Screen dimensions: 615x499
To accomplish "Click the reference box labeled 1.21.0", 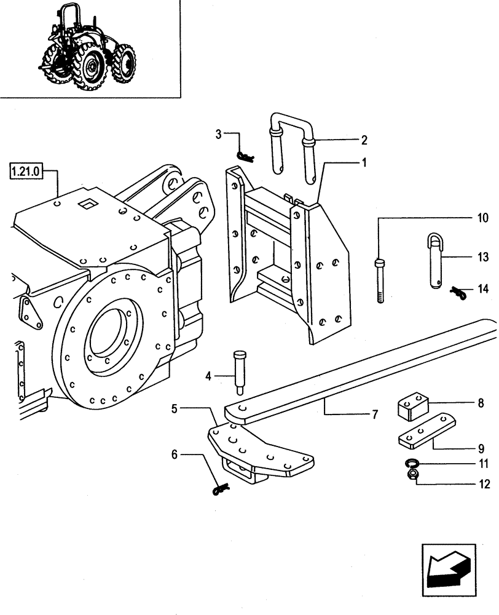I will (x=26, y=170).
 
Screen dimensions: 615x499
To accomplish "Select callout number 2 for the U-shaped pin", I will (x=364, y=140).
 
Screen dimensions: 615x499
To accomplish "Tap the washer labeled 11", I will (x=412, y=462).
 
